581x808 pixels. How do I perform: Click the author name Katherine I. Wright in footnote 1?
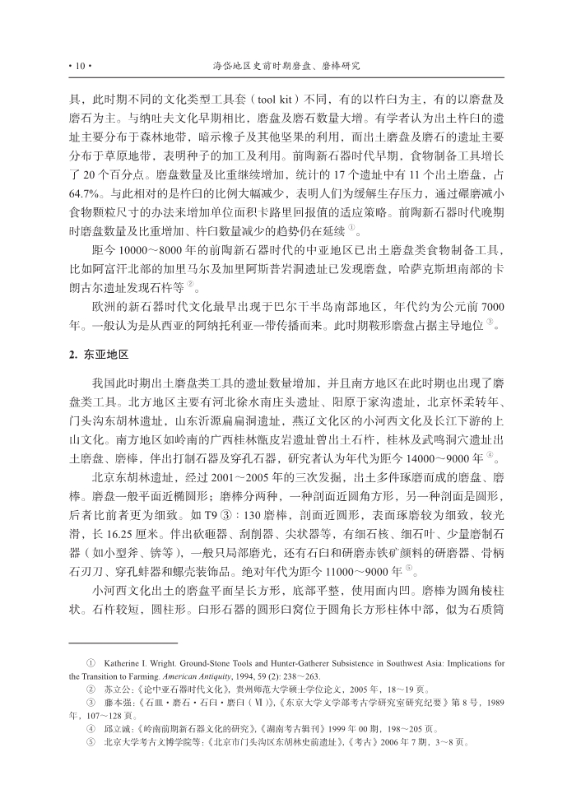click(141, 663)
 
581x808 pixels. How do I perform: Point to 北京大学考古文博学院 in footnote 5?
click(144, 743)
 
